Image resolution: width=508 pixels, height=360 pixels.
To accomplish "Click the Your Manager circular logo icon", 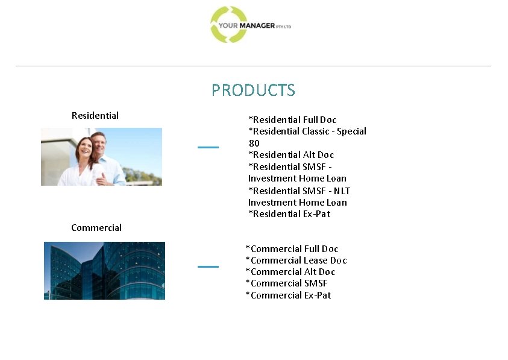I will pos(228,25).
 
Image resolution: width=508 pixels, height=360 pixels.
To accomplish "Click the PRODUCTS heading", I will pos(253,90).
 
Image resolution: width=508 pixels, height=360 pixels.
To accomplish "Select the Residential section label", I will pos(95,115).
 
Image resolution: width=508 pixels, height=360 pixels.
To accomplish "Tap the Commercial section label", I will pos(96,227).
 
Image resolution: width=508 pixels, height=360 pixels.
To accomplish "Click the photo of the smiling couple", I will pos(101,156).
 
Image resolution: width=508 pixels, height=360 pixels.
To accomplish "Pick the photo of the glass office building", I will pos(104,270).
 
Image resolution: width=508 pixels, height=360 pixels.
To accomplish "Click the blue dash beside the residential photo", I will pos(208,147).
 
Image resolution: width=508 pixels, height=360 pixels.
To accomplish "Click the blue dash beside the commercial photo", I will pos(208,266).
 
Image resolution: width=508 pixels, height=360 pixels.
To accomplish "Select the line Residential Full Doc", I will pos(293,119).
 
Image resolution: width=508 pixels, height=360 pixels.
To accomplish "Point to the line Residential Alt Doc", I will pos(291,154).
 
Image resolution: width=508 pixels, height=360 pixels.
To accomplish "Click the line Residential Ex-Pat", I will pos(289,213).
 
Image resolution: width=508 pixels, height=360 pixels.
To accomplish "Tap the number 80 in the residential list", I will pos(254,143).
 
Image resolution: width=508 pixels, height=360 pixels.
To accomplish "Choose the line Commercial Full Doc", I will pos(292,248).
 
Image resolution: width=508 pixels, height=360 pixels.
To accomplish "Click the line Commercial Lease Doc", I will pos(296,260).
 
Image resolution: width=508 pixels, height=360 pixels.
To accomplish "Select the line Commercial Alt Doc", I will pos(290,271).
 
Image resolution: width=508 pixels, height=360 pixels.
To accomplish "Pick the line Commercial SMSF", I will pos(287,283).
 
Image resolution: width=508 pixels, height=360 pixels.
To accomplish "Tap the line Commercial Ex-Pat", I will pos(289,295).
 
